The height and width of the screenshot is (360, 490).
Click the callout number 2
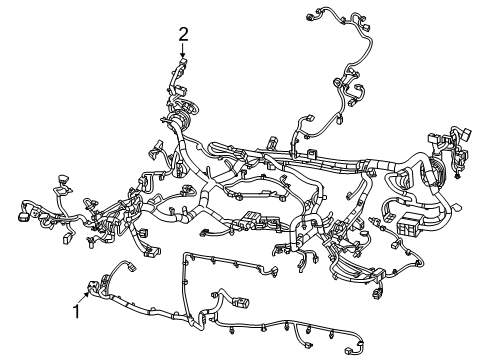tap(183, 35)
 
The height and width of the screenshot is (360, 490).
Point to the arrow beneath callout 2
tap(183, 52)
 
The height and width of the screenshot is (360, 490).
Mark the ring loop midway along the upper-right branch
tap(352, 95)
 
